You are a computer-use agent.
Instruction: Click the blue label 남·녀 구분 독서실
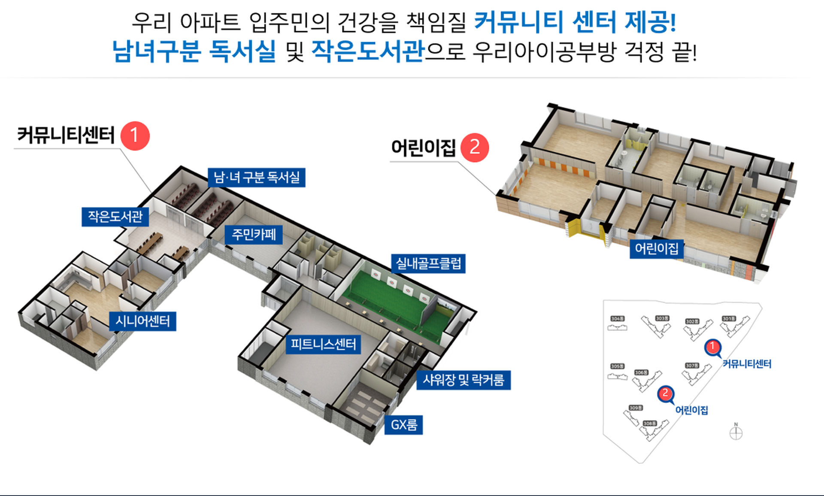coord(257,177)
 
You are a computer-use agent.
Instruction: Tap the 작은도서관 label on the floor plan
coord(115,217)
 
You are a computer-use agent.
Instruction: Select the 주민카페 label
coord(254,234)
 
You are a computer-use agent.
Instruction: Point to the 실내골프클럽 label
coord(428,263)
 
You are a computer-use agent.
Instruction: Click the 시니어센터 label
coord(142,321)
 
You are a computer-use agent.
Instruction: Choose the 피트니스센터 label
coord(323,344)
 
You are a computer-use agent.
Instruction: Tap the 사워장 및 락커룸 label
coord(463,380)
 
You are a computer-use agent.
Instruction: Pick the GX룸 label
coord(403,425)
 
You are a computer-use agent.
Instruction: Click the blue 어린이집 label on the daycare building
coord(657,248)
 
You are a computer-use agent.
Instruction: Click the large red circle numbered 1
coord(135,136)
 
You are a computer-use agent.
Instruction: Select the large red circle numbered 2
coord(475,148)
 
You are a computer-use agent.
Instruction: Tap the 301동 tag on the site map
coord(729,319)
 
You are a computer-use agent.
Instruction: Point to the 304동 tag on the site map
coord(617,319)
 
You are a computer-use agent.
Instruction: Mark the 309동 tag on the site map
coord(636,408)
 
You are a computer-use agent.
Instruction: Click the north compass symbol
coord(736,432)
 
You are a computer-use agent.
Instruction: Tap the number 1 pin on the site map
coord(713,347)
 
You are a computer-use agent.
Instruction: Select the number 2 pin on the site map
coord(666,393)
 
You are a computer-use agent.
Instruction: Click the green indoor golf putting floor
coord(386,296)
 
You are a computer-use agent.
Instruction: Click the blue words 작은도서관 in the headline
coord(367,51)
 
